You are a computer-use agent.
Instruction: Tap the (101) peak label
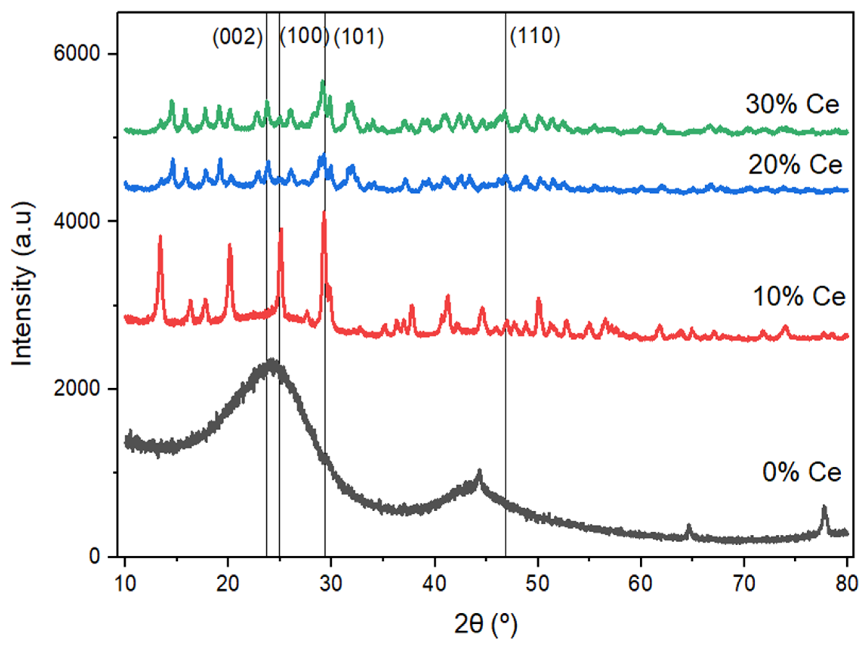click(x=359, y=37)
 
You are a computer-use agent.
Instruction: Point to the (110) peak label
click(x=535, y=36)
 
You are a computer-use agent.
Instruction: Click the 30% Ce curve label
click(x=792, y=104)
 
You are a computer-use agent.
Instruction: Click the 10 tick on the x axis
click(x=125, y=583)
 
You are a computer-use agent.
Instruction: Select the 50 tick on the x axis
click(x=538, y=583)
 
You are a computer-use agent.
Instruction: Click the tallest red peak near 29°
click(x=324, y=213)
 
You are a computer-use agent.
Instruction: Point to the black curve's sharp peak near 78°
click(x=824, y=508)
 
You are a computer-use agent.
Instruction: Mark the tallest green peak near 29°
click(x=323, y=82)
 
